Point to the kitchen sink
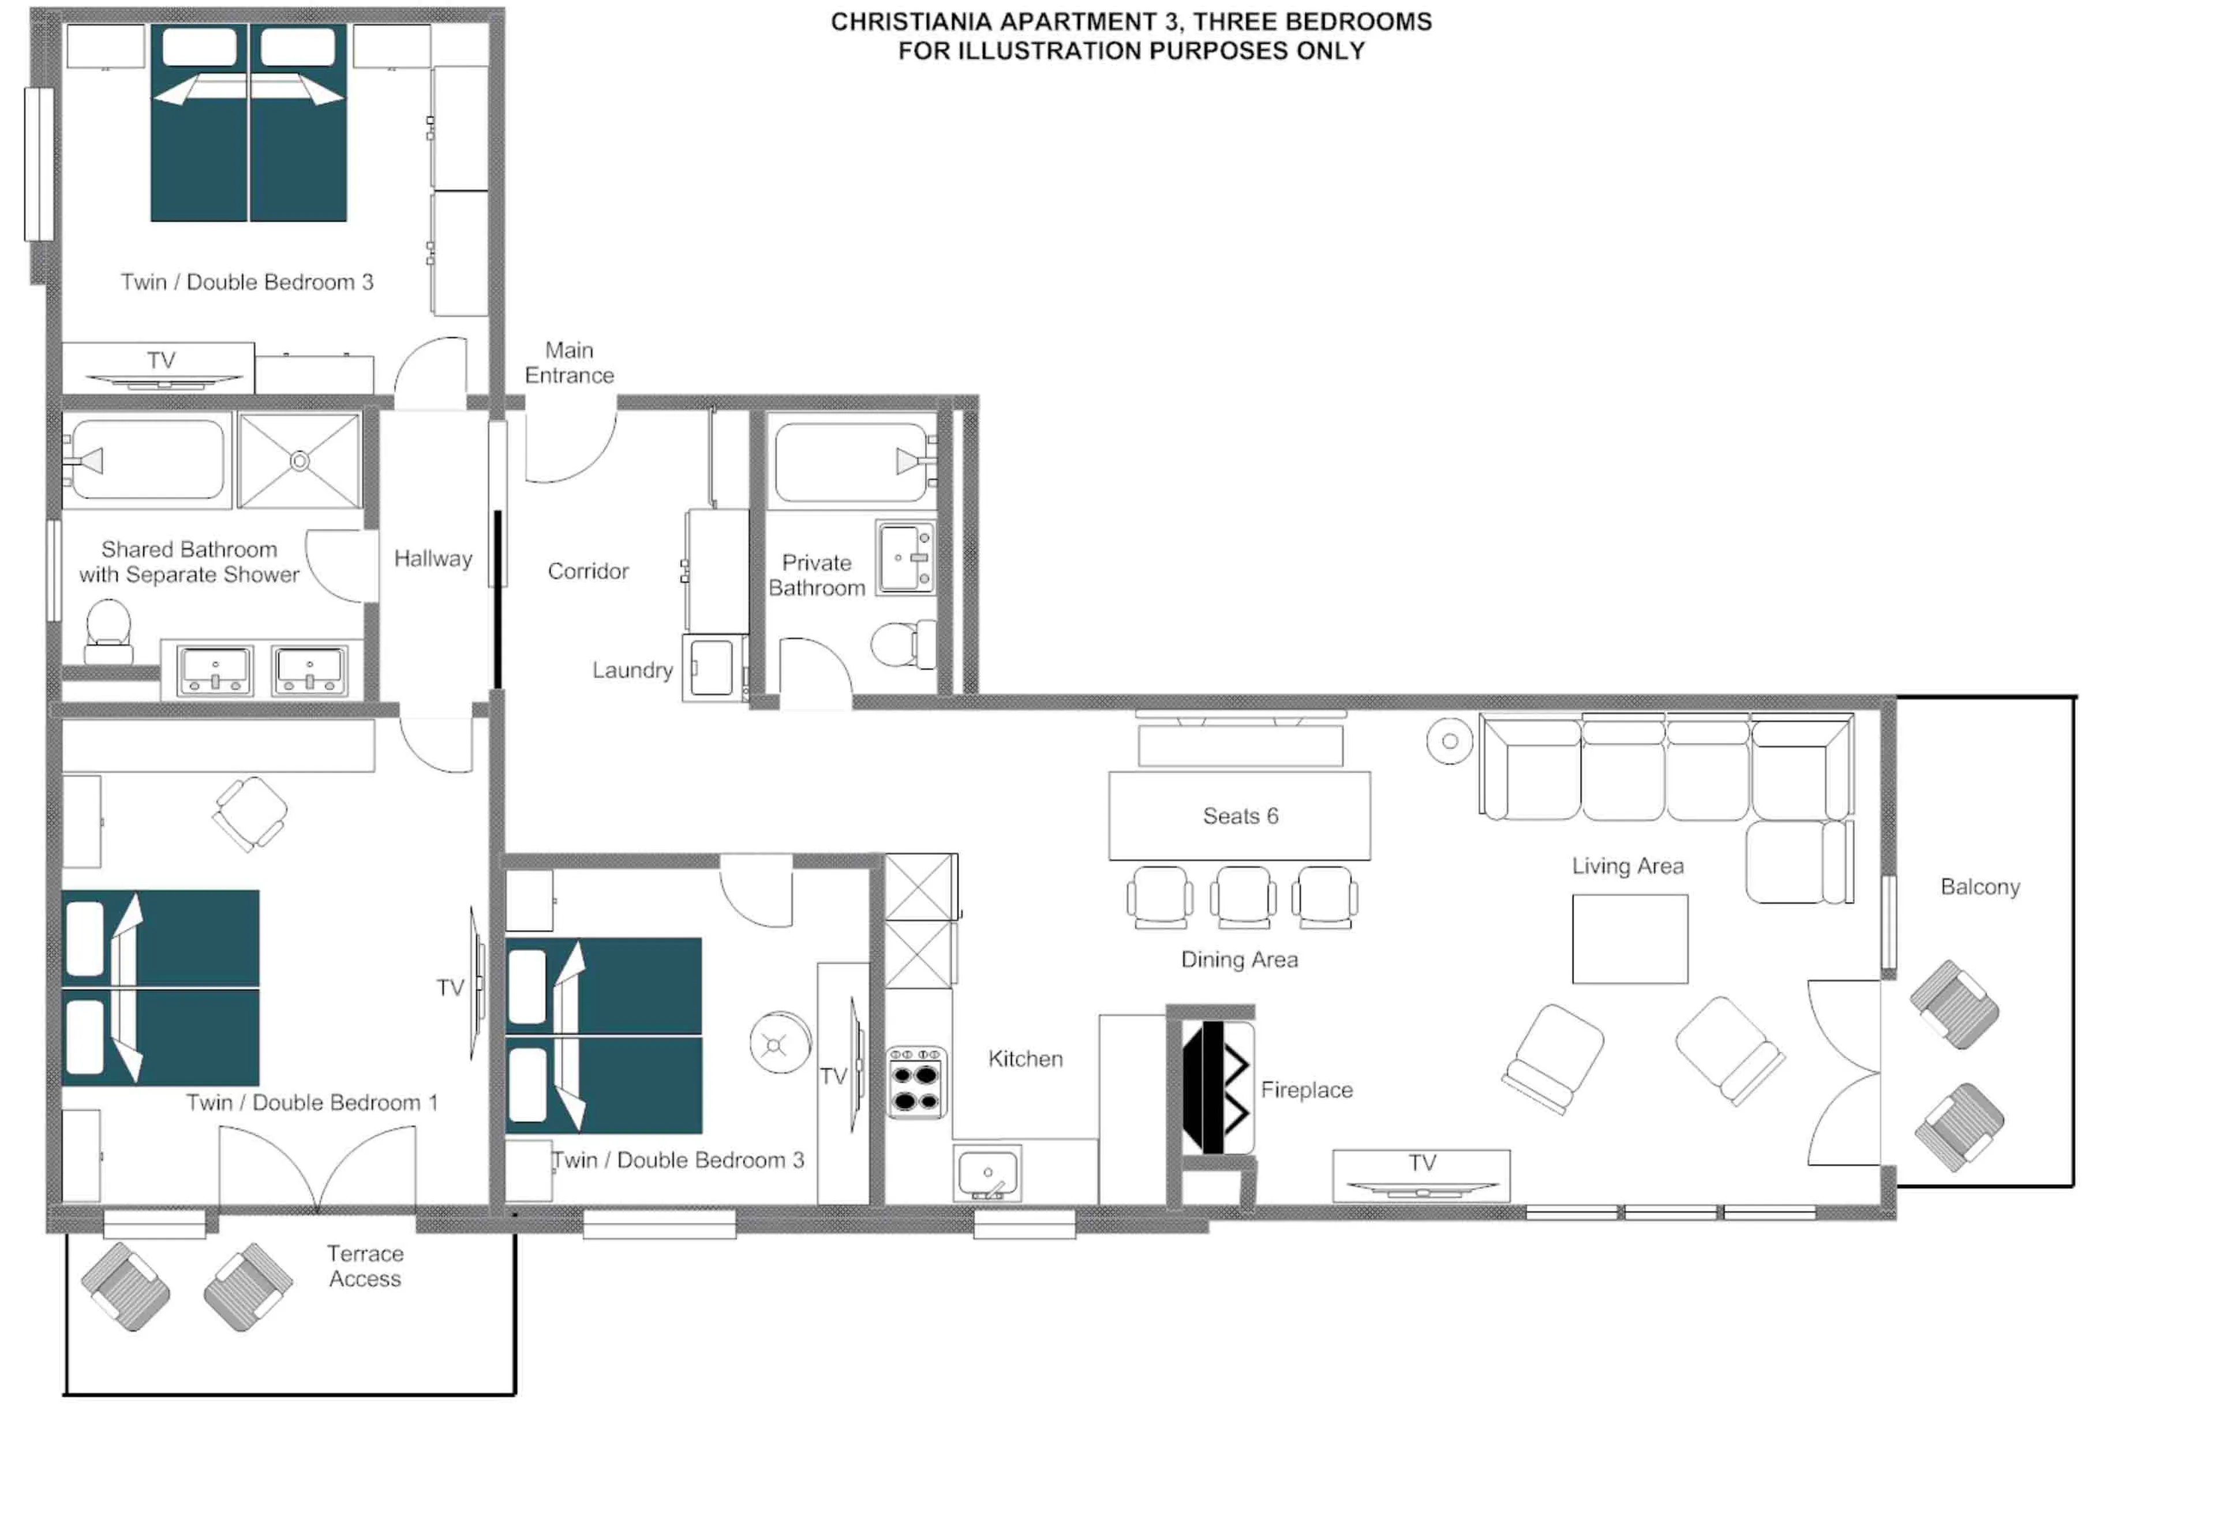coord(987,1173)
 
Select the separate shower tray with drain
coord(300,461)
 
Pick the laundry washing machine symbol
coord(713,667)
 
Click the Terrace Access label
coord(365,1266)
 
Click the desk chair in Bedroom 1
coord(250,813)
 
